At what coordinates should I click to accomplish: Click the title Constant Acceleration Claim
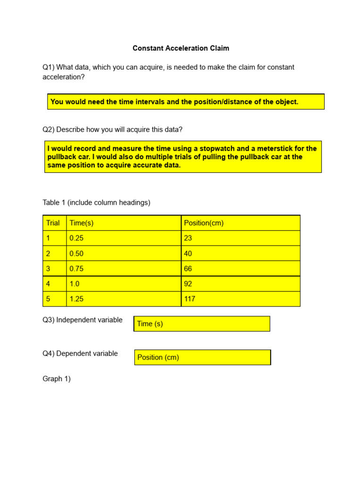(181, 48)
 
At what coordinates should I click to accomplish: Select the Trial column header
(53, 223)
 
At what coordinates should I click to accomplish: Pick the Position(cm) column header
(204, 223)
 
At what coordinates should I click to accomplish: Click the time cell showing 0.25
(76, 238)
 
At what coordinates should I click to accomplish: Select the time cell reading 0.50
(76, 254)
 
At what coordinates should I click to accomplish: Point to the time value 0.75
(76, 269)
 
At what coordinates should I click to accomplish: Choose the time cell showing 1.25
(76, 299)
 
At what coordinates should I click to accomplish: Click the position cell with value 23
(188, 238)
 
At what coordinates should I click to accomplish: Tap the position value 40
(188, 254)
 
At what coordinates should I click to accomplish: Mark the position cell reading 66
(188, 269)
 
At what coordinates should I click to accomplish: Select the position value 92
(188, 284)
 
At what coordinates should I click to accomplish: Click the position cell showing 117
(189, 299)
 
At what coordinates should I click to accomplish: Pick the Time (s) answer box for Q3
(202, 324)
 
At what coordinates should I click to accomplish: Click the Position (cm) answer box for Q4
(203, 357)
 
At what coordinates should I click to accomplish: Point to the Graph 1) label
(57, 379)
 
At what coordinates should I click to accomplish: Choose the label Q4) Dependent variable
(80, 353)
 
